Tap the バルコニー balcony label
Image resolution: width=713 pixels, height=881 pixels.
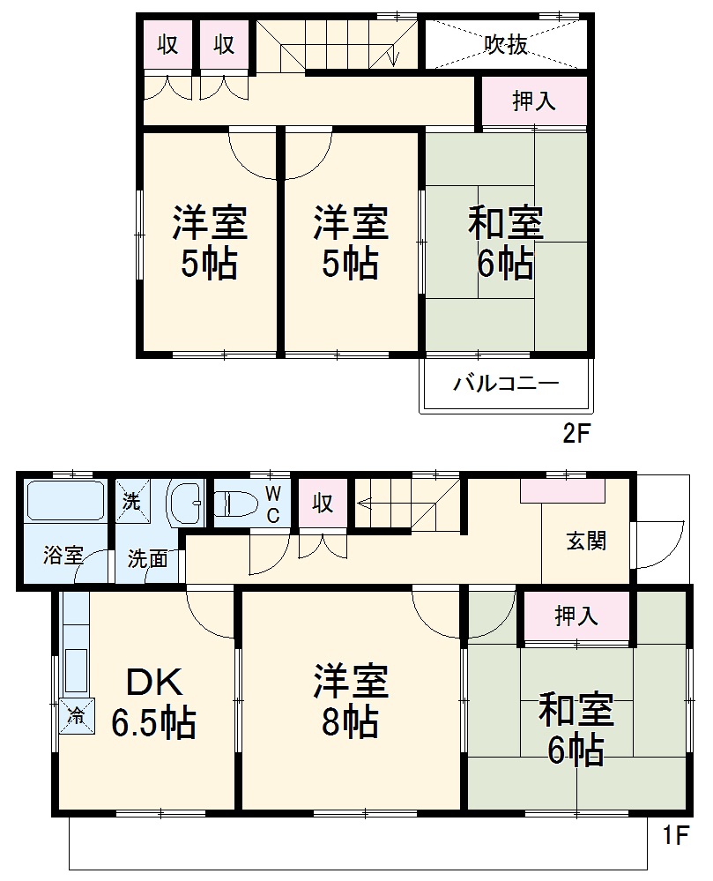[506, 385]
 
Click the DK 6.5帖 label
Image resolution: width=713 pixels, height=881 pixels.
[153, 703]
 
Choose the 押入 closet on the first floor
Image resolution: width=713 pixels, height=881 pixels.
[577, 616]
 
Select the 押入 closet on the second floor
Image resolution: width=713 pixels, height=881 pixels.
[534, 101]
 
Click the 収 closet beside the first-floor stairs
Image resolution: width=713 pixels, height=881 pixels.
[323, 504]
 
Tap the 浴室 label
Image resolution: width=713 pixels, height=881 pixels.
[63, 556]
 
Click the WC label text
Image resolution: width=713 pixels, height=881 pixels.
[273, 504]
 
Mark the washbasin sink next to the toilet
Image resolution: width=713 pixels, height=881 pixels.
[186, 504]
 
